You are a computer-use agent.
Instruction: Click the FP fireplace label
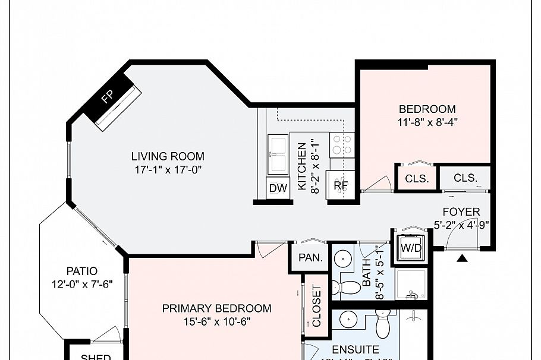click(x=107, y=97)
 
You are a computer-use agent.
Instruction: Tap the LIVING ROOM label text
click(x=168, y=157)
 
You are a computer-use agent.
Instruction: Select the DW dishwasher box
click(x=278, y=188)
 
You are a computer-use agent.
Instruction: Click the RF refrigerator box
click(x=341, y=185)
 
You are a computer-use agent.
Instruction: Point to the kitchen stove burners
click(x=341, y=144)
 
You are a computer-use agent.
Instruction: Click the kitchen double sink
click(x=278, y=153)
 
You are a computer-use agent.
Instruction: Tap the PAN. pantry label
click(x=310, y=258)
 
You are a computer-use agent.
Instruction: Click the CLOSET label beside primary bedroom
click(x=316, y=307)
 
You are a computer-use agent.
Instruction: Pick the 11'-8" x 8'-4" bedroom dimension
click(x=427, y=122)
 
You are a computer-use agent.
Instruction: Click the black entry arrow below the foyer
click(x=461, y=258)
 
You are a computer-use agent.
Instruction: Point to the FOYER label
click(x=461, y=212)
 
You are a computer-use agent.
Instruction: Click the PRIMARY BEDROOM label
click(x=216, y=308)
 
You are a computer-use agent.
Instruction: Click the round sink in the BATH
click(x=343, y=259)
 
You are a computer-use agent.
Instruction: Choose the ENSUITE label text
click(x=356, y=349)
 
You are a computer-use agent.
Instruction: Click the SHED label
click(x=95, y=356)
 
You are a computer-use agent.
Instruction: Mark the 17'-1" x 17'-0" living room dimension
click(x=168, y=169)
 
